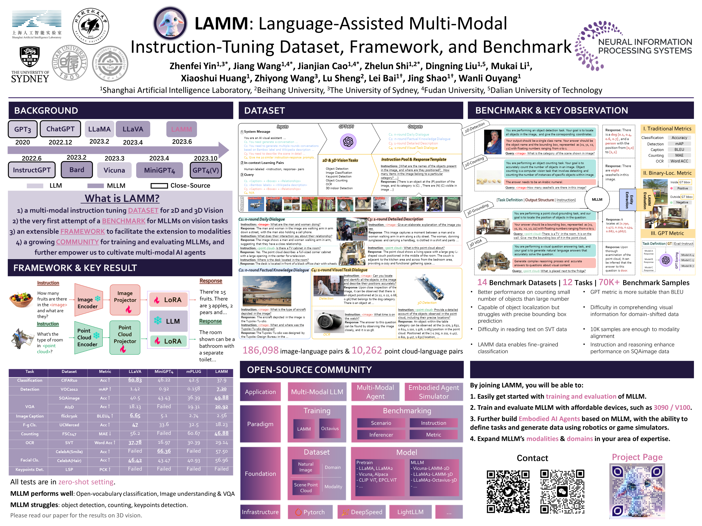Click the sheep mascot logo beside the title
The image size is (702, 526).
pos(170,23)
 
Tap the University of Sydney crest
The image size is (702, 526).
pos(30,57)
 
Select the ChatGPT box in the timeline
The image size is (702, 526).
pos(60,129)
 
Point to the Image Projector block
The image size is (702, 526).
pos(125,300)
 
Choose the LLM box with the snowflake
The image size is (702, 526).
pos(169,321)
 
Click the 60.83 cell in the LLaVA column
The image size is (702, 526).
pos(135,380)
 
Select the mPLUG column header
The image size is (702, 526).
pos(193,372)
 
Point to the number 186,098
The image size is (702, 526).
pos(261,350)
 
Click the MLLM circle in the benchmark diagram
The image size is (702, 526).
pos(597,199)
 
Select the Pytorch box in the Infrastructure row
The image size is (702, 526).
pos(310,512)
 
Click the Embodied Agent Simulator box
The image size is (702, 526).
pos(433,392)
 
